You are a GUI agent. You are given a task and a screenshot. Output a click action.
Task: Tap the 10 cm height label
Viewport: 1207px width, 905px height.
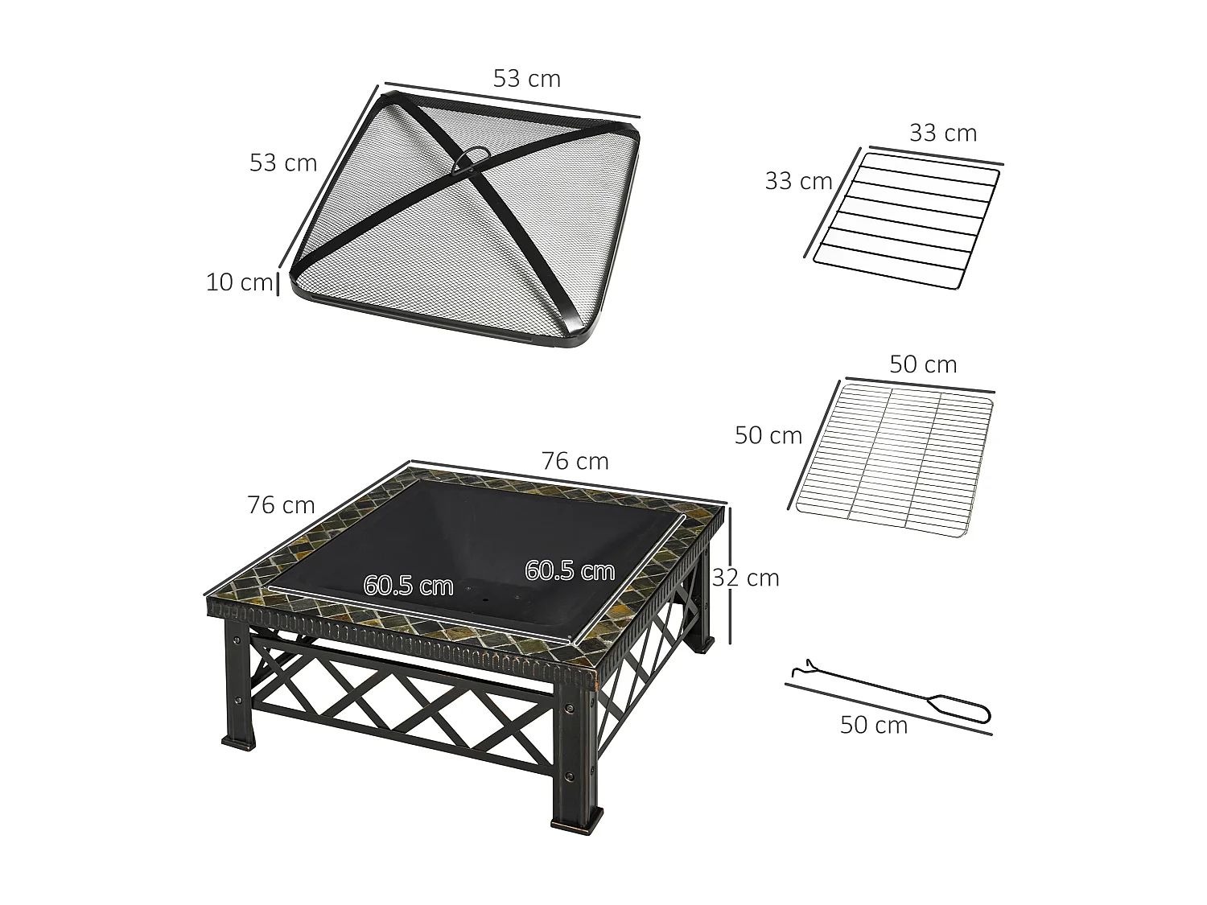(x=239, y=282)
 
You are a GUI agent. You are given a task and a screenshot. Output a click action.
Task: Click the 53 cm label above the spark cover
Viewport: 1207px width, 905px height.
(x=526, y=79)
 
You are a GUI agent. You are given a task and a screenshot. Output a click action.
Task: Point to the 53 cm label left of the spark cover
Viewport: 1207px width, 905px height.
(x=282, y=162)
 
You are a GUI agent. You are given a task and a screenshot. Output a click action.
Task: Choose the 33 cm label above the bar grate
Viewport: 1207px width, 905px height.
(x=942, y=133)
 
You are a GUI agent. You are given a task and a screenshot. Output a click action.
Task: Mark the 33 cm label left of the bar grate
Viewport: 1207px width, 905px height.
(x=797, y=181)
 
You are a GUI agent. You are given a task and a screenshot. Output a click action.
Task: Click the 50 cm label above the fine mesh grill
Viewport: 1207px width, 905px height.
(x=922, y=364)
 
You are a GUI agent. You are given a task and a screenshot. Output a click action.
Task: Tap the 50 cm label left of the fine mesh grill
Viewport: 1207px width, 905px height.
(x=768, y=435)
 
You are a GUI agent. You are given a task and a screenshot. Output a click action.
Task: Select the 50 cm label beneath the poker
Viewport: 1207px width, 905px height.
(x=873, y=725)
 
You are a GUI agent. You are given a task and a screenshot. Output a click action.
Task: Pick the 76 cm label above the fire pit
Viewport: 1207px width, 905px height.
(x=575, y=461)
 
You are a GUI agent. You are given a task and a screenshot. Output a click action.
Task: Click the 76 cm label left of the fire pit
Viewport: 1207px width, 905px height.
(x=281, y=505)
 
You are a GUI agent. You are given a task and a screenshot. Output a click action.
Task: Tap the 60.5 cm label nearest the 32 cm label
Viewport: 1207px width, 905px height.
(x=570, y=570)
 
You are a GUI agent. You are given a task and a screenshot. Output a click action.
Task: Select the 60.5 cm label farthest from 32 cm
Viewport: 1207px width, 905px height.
(x=408, y=585)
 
